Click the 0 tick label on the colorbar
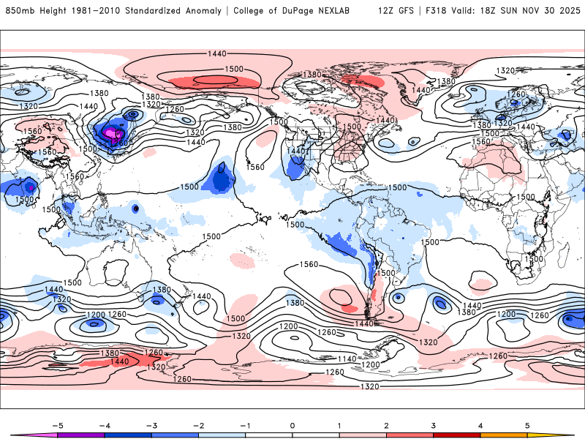click(x=292, y=424)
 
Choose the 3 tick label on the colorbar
click(x=433, y=424)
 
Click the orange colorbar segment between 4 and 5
click(x=503, y=435)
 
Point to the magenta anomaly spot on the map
click(x=112, y=134)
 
